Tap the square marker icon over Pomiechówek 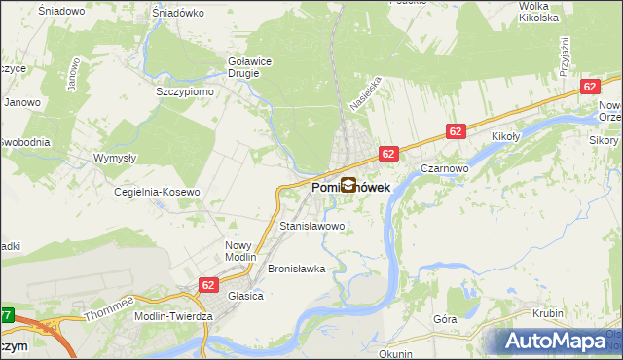click(348, 184)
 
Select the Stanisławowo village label click(312, 226)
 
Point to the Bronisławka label click(296, 269)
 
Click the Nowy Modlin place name click(238, 252)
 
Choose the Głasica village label click(246, 296)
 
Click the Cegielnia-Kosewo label click(158, 192)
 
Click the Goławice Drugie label click(249, 66)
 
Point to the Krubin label click(549, 313)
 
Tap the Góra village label click(445, 319)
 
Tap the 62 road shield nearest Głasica click(208, 284)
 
